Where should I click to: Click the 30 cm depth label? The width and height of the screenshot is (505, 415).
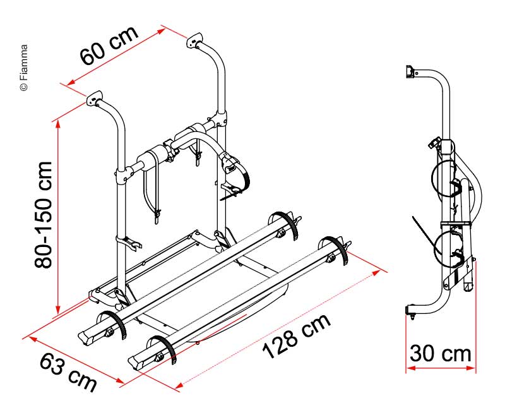pyautogui.click(x=440, y=354)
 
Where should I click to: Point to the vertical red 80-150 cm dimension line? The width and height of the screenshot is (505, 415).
pyautogui.click(x=58, y=215)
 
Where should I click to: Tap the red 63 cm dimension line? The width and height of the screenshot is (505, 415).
pyautogui.click(x=76, y=357)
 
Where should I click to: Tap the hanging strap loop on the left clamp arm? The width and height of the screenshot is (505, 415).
pyautogui.click(x=152, y=193)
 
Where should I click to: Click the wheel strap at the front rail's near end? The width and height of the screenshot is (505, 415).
pyautogui.click(x=165, y=351)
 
